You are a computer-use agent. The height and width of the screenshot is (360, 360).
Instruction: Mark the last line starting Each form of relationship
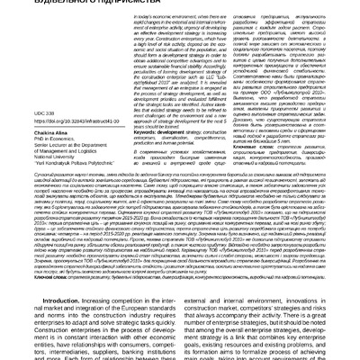click(x=90, y=355)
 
